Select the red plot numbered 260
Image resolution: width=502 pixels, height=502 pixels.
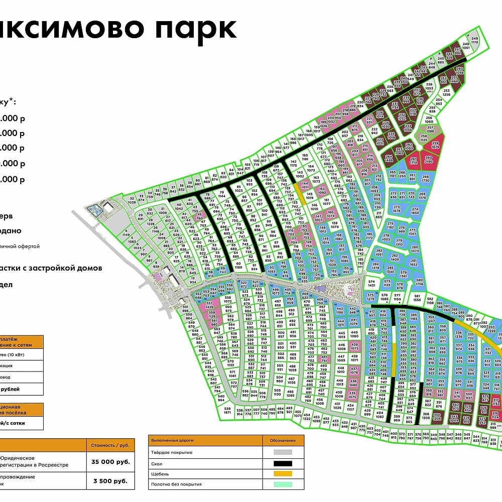click(x=428, y=160)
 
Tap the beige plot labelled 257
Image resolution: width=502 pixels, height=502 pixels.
click(x=430, y=129)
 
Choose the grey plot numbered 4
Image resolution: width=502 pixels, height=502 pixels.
click(x=125, y=234)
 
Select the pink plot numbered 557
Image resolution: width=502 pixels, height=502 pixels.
click(x=210, y=305)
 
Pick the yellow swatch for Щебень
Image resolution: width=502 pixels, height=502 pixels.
click(x=284, y=474)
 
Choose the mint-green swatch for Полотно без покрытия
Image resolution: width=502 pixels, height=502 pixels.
click(x=284, y=484)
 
